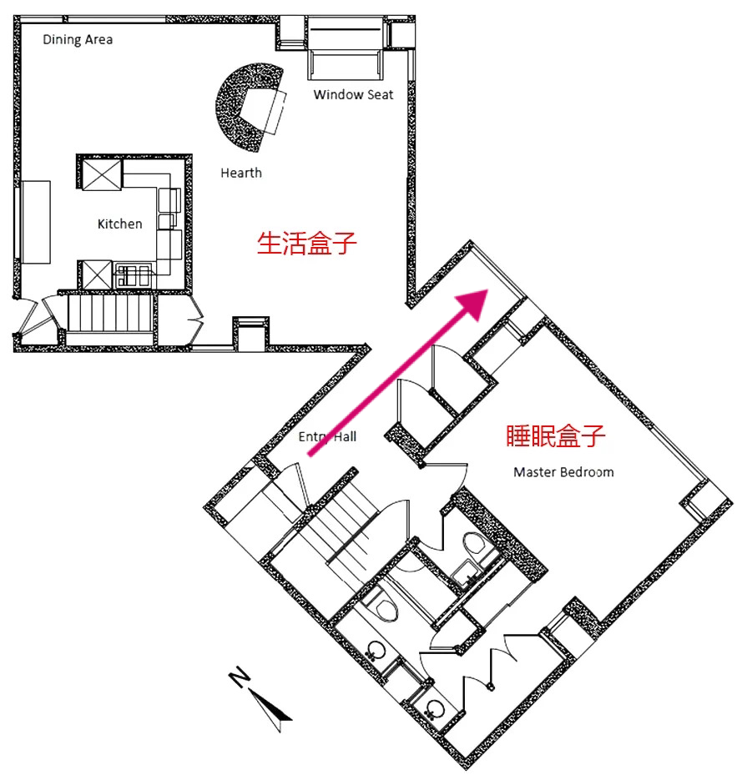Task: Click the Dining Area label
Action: pos(78,40)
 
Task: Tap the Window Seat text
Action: pos(353,94)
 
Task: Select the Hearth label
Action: pos(241,174)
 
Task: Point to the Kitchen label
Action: pos(120,224)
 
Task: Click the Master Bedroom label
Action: pos(563,472)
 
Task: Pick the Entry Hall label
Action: pos(327,437)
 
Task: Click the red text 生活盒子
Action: pos(307,244)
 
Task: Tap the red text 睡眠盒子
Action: pos(555,435)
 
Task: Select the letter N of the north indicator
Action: pos(240,677)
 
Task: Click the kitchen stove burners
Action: pos(134,276)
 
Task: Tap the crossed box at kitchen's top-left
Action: pos(102,174)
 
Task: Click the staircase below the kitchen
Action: pos(109,314)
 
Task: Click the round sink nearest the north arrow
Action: pos(435,709)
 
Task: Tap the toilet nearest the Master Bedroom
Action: pos(475,545)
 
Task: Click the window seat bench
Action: pos(346,48)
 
